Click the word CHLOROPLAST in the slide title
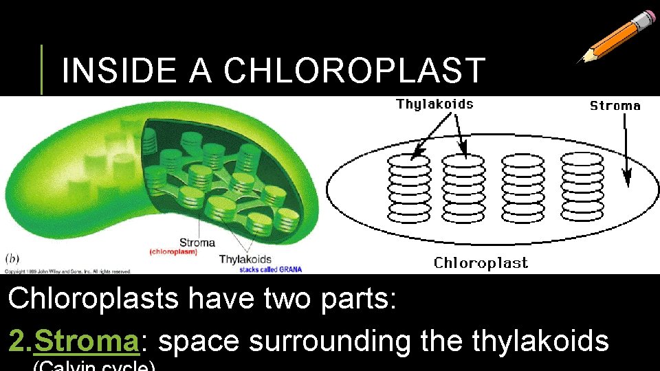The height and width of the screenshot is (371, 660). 355,70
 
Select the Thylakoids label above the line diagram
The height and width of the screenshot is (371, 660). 434,104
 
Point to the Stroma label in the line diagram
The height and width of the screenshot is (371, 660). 615,106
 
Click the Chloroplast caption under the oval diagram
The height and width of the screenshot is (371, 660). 481,263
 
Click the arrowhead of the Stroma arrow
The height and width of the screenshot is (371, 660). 626,181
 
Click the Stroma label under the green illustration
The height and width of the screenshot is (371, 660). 197,243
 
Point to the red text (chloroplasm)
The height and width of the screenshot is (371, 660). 173,252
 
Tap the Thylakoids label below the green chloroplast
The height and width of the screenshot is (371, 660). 245,260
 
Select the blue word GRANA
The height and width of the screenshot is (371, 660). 289,269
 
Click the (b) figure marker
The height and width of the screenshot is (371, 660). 13,259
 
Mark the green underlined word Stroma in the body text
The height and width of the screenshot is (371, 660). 87,341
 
